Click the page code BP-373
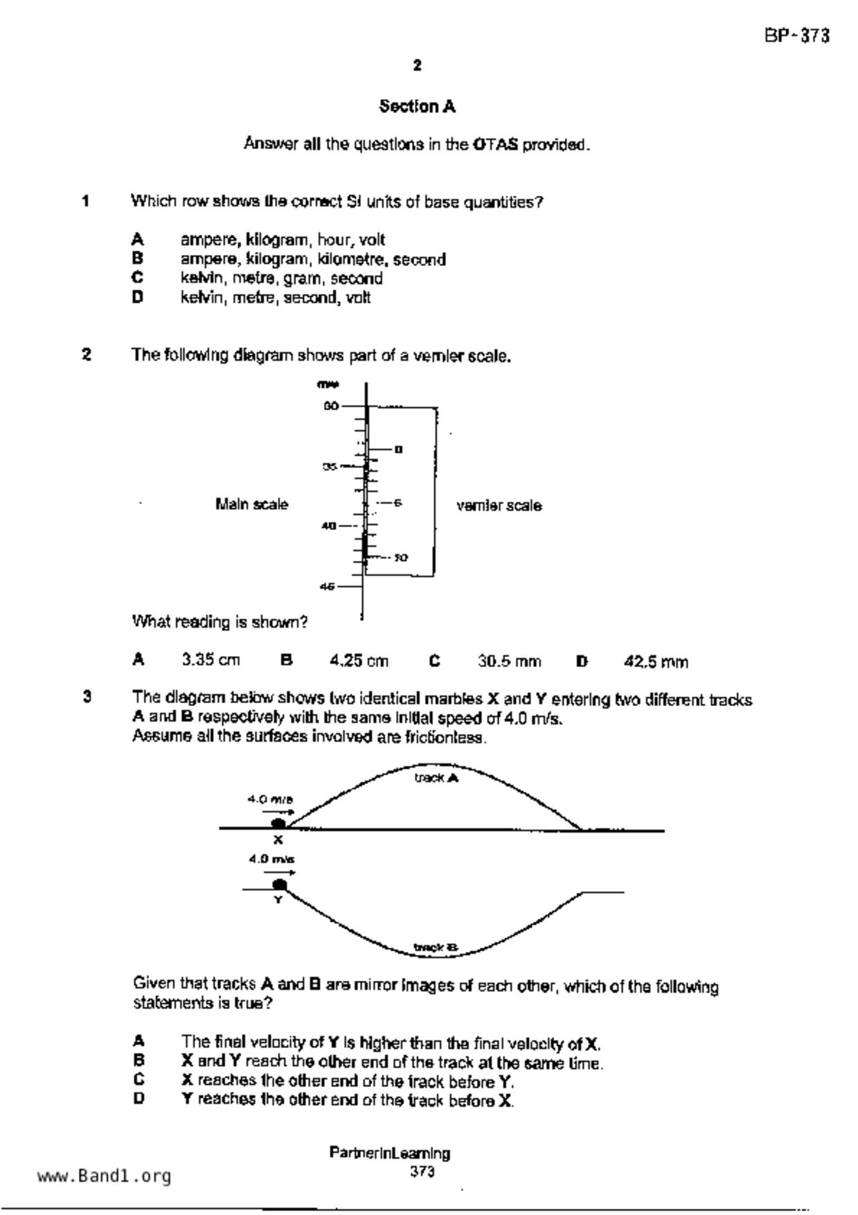click(796, 36)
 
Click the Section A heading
click(417, 107)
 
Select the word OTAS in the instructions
click(495, 145)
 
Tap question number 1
click(86, 202)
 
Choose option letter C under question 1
click(138, 278)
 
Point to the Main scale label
click(251, 504)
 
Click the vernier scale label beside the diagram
click(499, 506)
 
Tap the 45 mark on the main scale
click(328, 587)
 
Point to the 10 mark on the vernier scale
click(401, 558)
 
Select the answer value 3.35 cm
click(211, 660)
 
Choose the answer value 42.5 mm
click(656, 662)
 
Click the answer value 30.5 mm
click(509, 662)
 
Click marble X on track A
click(278, 824)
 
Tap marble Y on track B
click(280, 885)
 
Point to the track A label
click(436, 778)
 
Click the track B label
click(436, 947)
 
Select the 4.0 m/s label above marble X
click(271, 799)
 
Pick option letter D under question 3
click(138, 1099)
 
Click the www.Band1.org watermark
click(105, 1176)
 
